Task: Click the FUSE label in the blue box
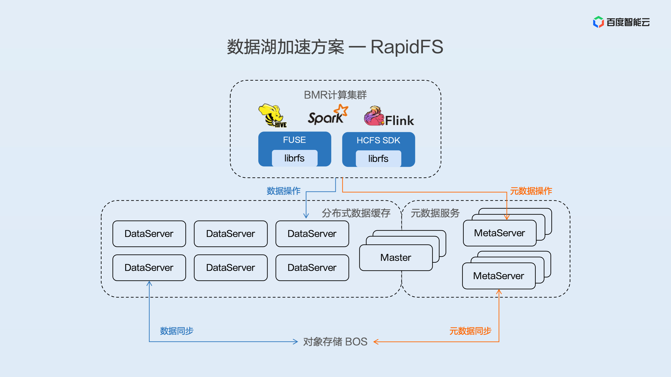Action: [x=294, y=140]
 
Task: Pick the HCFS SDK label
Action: [x=378, y=140]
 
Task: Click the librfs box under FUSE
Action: [x=294, y=158]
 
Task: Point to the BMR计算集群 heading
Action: [x=335, y=95]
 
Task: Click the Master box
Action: [x=396, y=258]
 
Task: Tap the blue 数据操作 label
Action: [x=284, y=191]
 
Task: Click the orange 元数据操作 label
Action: [x=531, y=191]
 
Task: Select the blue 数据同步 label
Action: [x=177, y=331]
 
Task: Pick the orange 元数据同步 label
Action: [x=470, y=331]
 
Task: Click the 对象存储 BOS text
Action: [x=335, y=342]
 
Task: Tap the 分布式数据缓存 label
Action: [x=356, y=213]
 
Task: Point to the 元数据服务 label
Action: [x=435, y=213]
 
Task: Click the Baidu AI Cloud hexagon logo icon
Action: [x=598, y=22]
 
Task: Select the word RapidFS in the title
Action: [x=407, y=47]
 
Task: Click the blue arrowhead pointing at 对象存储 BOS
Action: [x=295, y=342]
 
